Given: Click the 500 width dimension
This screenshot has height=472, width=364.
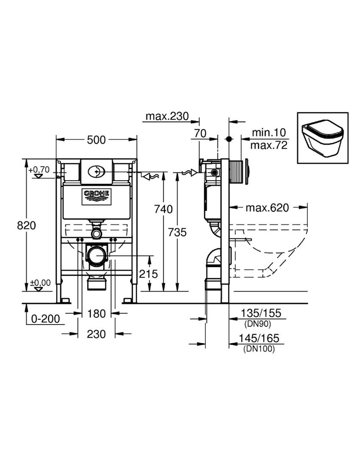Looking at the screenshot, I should tap(96, 140).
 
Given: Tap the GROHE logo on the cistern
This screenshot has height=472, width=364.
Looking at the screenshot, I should tap(96, 195).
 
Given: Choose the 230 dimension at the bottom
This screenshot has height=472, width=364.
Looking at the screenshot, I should tap(96, 334).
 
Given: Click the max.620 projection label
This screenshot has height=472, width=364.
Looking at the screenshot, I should tap(267, 208).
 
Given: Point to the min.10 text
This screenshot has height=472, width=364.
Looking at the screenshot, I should tap(268, 134).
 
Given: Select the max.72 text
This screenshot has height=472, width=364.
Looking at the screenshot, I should tap(268, 146).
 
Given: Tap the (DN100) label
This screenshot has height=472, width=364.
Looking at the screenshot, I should tap(258, 348).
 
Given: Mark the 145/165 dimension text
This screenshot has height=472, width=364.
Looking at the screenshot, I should tap(258, 338).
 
